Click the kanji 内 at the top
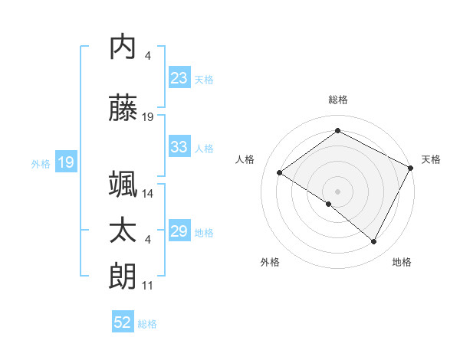click(123, 47)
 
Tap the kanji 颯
click(123, 184)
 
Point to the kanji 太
click(123, 231)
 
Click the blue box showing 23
click(179, 78)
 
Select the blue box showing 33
click(179, 147)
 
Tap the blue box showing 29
click(179, 231)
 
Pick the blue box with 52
click(123, 322)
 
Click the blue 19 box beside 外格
click(65, 162)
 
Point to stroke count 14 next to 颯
click(149, 194)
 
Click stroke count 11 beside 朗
click(149, 286)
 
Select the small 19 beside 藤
click(149, 117)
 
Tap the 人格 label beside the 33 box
click(204, 148)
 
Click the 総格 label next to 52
click(147, 323)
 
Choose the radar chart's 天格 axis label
click(431, 159)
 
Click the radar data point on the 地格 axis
click(374, 242)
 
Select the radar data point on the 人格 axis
click(280, 172)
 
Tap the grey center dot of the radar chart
click(337, 191)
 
